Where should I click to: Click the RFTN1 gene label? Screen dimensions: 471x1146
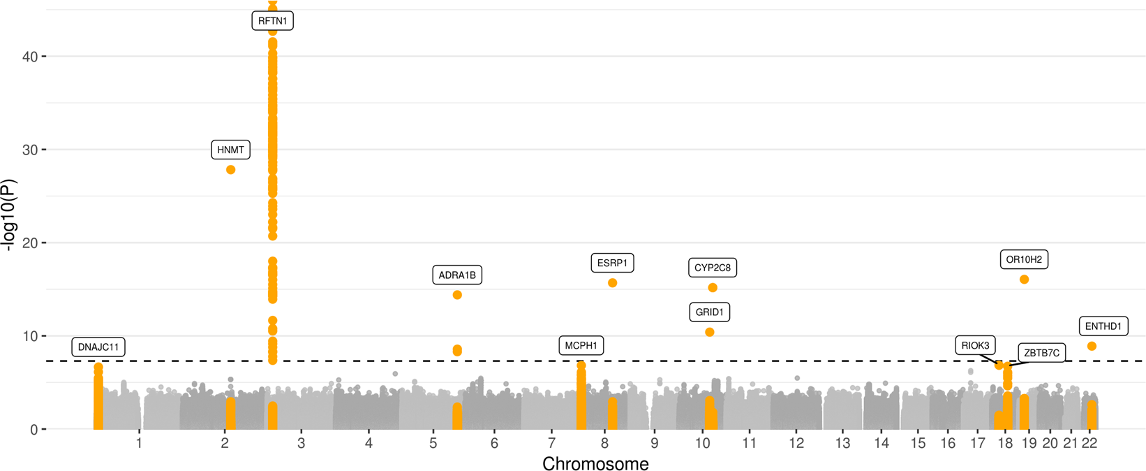click(272, 21)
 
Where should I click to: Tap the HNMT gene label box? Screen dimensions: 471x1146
click(230, 150)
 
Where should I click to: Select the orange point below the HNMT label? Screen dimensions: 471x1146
click(231, 170)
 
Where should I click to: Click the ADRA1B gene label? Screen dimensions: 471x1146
click(457, 275)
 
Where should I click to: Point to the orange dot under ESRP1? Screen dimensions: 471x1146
click(613, 283)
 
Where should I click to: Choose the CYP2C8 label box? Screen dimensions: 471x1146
click(713, 268)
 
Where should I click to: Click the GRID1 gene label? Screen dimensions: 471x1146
click(710, 312)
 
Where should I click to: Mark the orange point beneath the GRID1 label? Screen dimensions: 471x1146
click(710, 332)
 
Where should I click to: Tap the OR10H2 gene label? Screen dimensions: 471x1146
click(1024, 260)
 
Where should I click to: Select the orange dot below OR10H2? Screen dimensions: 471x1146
click(1025, 280)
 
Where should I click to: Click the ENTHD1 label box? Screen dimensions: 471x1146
click(1103, 326)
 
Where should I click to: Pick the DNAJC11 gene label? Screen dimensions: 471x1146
click(98, 347)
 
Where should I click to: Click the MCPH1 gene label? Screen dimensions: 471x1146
click(581, 345)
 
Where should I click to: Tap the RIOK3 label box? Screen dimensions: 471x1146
click(975, 345)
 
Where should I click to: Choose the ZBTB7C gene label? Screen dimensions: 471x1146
click(1041, 353)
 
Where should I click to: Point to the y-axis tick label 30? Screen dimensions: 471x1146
click(30, 150)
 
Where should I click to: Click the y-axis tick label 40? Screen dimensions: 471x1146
click(30, 56)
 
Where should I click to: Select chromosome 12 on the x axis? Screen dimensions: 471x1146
click(796, 443)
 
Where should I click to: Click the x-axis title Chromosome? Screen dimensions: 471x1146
click(595, 463)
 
